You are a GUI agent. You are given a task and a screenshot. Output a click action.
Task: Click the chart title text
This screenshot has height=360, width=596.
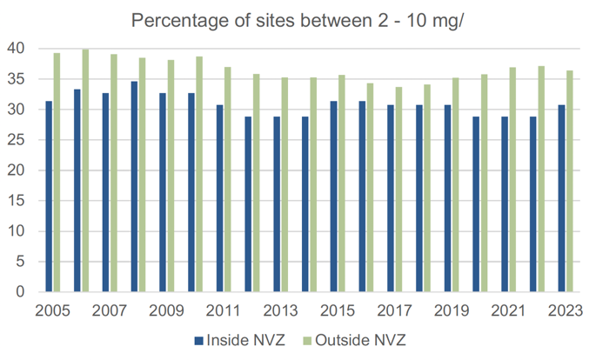[x=297, y=20]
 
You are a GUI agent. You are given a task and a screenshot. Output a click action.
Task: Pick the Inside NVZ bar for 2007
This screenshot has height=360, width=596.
[x=106, y=192]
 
